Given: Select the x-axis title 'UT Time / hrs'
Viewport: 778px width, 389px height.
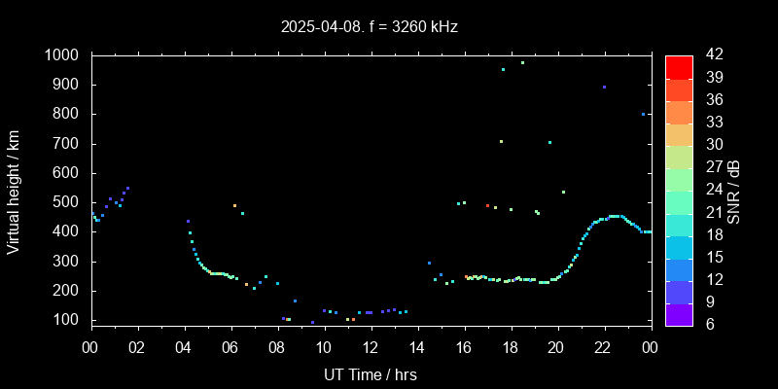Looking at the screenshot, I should click(x=371, y=374).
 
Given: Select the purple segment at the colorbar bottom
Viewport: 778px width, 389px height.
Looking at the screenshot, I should click(x=679, y=314).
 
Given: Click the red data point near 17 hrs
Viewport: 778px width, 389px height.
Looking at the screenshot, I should click(x=487, y=205).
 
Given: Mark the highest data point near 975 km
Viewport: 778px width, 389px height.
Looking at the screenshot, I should click(x=522, y=62).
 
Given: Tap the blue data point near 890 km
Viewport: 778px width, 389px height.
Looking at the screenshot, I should click(x=604, y=87).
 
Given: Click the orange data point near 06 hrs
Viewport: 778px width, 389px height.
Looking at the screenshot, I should click(x=234, y=205).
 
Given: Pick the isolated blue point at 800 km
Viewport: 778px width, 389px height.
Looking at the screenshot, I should click(x=643, y=114).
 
